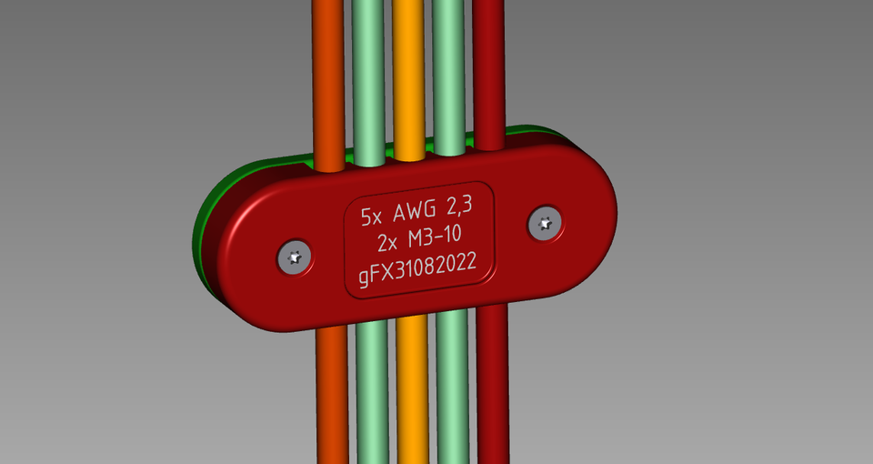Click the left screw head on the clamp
click(294, 257)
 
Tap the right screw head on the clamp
click(545, 222)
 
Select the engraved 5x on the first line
click(372, 217)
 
